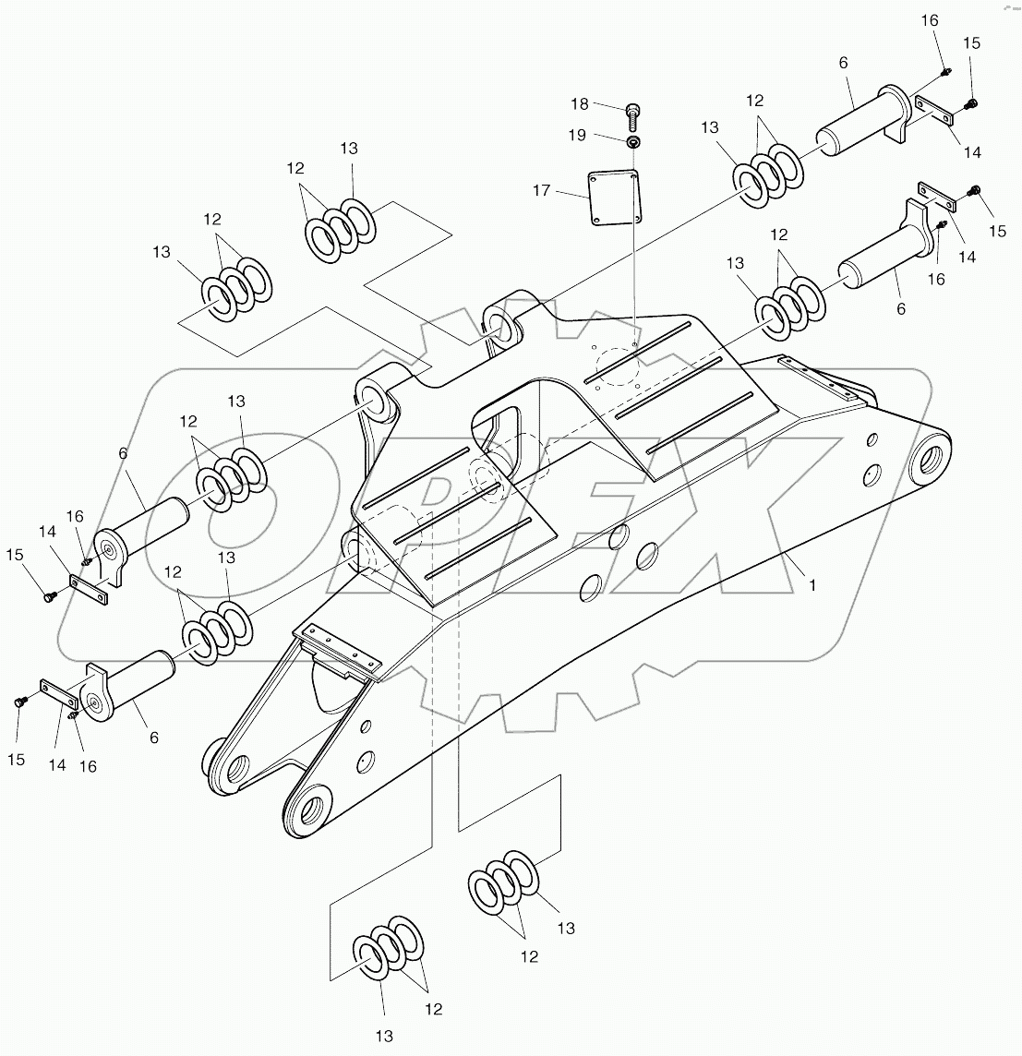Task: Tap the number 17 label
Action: coord(541,191)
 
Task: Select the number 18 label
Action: coord(579,104)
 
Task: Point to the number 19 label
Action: coord(577,136)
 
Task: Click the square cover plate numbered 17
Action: coord(613,196)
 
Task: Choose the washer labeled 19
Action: coord(633,142)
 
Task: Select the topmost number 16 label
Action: coord(929,20)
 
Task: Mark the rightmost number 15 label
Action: coord(998,231)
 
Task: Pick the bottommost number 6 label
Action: coord(154,737)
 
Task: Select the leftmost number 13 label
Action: coord(162,251)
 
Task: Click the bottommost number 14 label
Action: coord(57,764)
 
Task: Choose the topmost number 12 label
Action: coord(756,100)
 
